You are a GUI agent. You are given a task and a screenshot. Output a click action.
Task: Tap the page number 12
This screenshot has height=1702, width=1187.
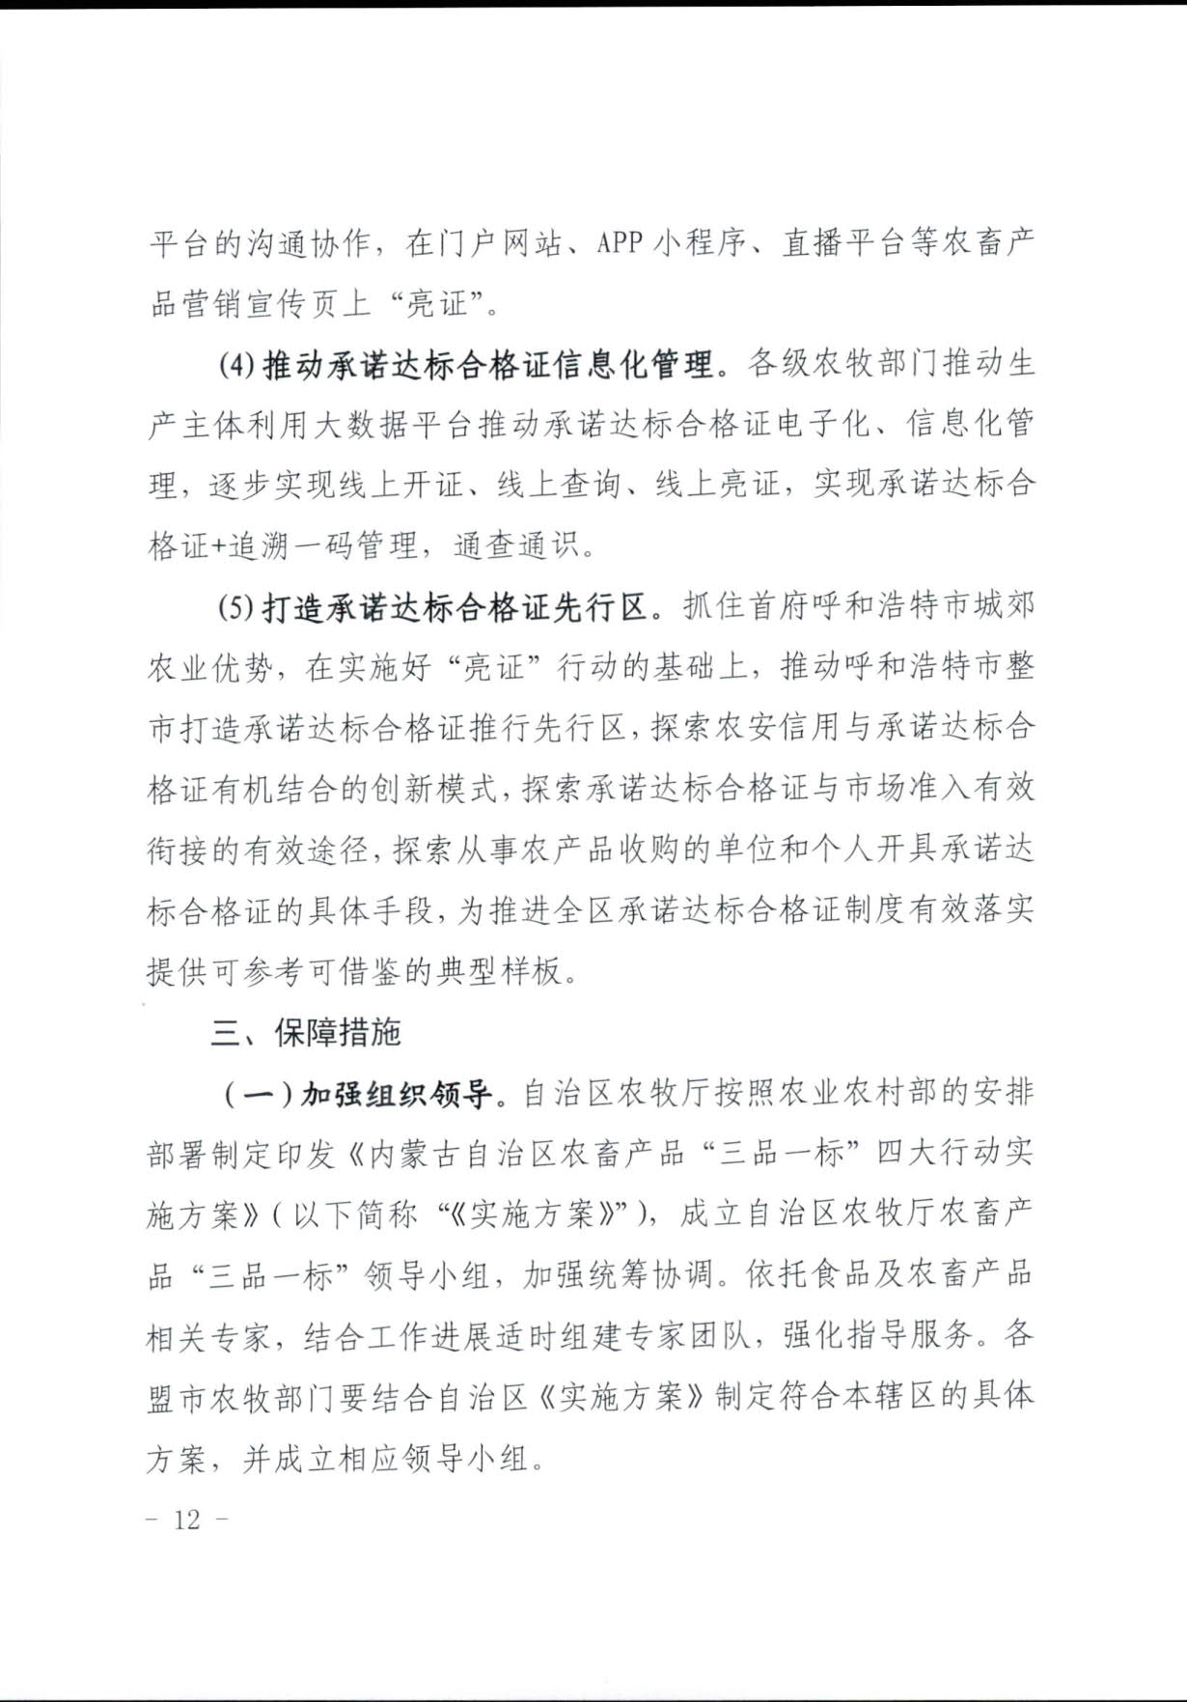tap(187, 1521)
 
